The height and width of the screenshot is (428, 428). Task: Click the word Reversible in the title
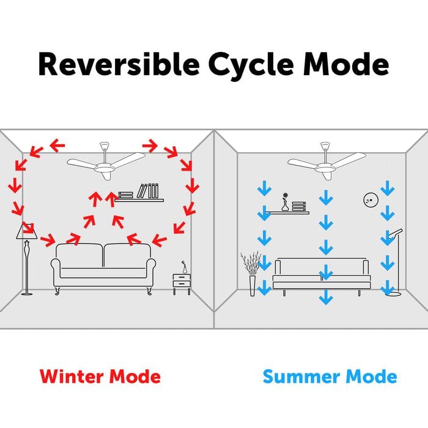click(119, 64)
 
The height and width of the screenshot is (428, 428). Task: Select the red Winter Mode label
click(100, 377)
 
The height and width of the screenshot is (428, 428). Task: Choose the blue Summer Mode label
click(330, 377)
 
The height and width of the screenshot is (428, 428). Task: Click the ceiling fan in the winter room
click(106, 163)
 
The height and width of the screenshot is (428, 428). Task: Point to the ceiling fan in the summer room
click(327, 163)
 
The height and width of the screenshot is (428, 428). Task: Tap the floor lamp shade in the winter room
click(26, 232)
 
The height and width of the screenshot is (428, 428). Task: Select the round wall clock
click(371, 200)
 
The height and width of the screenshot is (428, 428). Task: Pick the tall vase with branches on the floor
click(252, 273)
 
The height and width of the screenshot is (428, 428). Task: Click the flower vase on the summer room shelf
click(285, 202)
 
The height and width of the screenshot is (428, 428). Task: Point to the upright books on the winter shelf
click(147, 191)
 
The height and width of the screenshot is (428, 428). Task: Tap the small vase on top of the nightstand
click(185, 267)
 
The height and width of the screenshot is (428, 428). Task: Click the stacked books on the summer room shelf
click(298, 207)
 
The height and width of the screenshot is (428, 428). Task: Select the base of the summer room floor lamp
click(394, 293)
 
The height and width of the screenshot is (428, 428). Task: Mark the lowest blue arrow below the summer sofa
click(326, 297)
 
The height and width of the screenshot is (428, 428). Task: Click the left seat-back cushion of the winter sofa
click(79, 256)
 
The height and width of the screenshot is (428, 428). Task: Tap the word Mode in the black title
click(346, 64)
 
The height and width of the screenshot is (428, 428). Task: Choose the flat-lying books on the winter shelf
click(126, 195)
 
